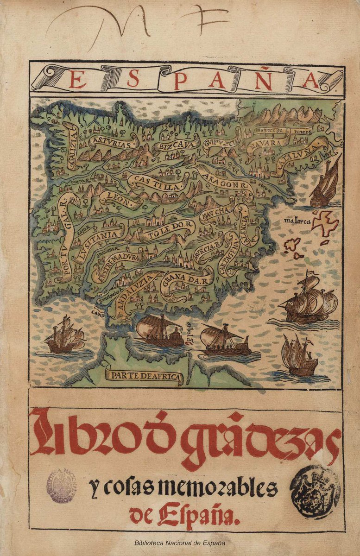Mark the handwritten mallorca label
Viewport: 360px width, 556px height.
[x=297, y=221]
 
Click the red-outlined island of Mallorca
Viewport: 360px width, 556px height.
[x=325, y=221]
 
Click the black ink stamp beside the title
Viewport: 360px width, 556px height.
[x=315, y=486]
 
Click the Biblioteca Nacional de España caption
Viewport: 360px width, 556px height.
[x=180, y=543]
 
